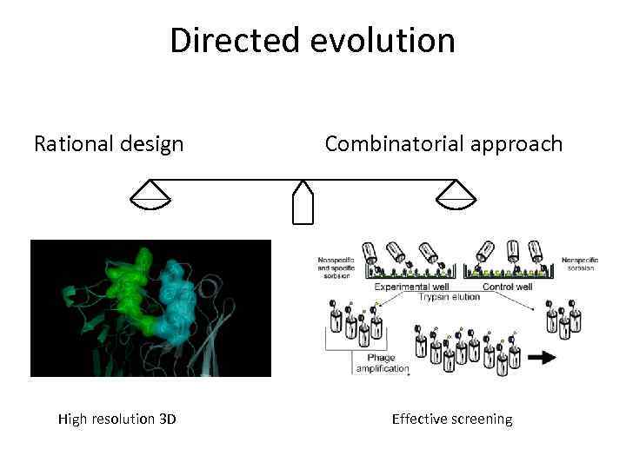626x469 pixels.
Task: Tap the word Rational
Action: tap(72, 143)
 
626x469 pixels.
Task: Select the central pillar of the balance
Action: tap(303, 203)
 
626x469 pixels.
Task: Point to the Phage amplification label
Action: tap(379, 362)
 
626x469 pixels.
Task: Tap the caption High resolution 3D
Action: tap(117, 419)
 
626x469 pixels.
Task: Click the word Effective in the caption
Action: tap(419, 419)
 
